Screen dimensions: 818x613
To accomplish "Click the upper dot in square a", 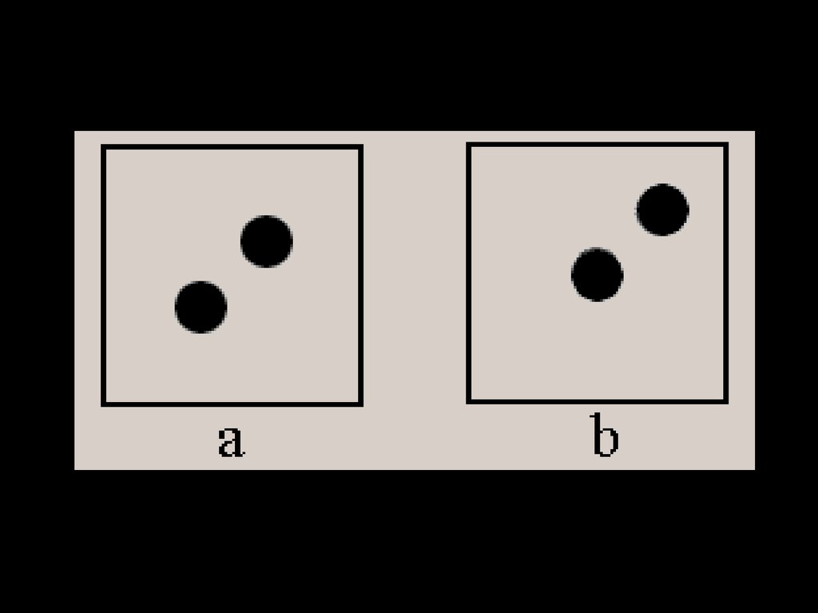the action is [x=266, y=241].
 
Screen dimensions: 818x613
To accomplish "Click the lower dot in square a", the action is [x=201, y=307].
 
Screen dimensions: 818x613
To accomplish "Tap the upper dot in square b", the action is [x=662, y=209].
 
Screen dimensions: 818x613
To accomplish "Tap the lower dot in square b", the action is [x=597, y=274].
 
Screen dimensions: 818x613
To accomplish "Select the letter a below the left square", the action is [x=230, y=441].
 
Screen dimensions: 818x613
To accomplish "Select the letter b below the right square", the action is [x=604, y=436].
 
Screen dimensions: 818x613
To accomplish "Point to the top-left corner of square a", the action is [x=103, y=147].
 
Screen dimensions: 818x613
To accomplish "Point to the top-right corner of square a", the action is [x=361, y=147].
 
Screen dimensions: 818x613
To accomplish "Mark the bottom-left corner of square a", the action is [x=103, y=404].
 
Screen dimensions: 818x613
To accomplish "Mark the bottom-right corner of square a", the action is [x=361, y=404].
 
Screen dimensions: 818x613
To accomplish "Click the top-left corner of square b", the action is [x=468, y=145].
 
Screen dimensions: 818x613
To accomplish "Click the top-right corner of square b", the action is [x=726, y=145].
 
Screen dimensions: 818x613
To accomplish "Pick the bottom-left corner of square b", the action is [x=468, y=401].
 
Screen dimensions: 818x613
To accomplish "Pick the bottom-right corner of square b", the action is [x=726, y=401].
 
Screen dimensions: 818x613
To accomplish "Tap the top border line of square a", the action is [x=232, y=147].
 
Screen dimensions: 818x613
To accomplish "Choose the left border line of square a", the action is [x=103, y=276].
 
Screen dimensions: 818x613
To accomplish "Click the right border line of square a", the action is [x=361, y=276].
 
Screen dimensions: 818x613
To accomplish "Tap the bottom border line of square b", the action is [x=597, y=401].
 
